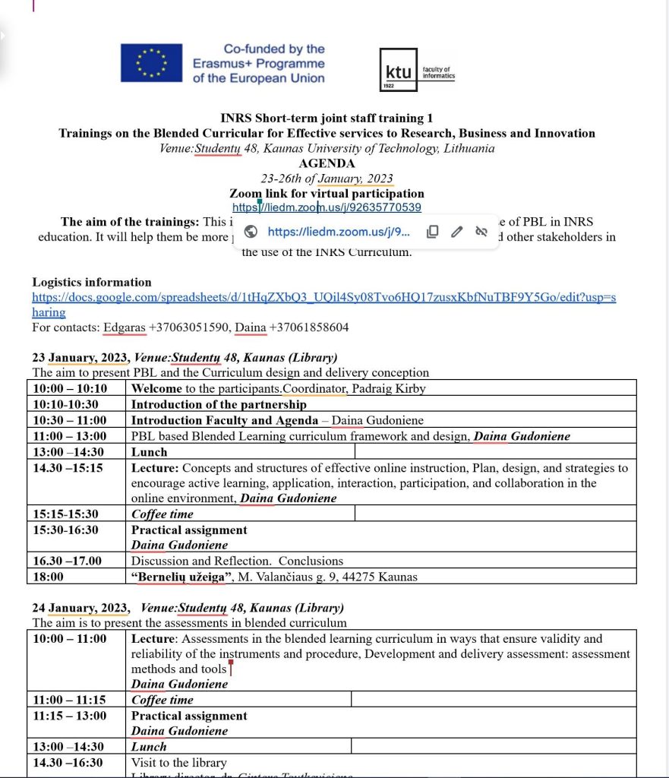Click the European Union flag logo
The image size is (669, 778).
(151, 63)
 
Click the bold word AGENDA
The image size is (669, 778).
(327, 163)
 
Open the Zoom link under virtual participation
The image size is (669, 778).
(327, 207)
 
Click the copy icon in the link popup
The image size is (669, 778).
(432, 232)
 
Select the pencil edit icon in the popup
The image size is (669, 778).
(456, 232)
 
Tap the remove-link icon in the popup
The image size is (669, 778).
(481, 232)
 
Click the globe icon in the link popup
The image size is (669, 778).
(252, 232)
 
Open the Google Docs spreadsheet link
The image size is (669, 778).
(323, 298)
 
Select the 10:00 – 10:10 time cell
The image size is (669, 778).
(70, 389)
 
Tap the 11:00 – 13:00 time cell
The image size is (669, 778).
(70, 436)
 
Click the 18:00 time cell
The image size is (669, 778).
(48, 577)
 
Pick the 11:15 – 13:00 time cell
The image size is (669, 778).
(70, 716)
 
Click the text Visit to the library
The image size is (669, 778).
(178, 763)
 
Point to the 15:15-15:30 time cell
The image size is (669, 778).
(65, 514)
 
